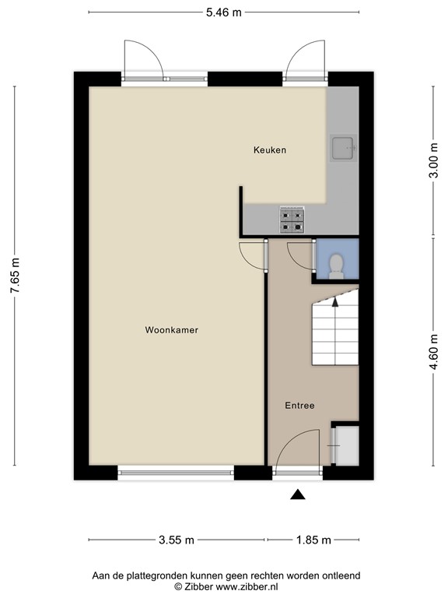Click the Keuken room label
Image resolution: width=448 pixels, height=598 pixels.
click(x=270, y=149)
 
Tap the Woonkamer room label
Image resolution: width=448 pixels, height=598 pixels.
click(x=171, y=330)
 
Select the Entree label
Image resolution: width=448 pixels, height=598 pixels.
click(x=299, y=405)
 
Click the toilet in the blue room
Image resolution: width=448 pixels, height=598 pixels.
click(x=336, y=265)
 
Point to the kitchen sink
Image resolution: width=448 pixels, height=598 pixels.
click(x=342, y=147)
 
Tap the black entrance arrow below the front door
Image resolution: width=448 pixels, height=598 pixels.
click(x=298, y=494)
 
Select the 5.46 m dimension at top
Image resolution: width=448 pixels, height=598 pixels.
click(x=224, y=12)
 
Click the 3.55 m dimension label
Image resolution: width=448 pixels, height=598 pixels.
click(x=177, y=540)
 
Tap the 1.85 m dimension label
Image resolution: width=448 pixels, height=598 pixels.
click(x=313, y=540)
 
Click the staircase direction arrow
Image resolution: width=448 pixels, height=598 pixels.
click(x=335, y=302)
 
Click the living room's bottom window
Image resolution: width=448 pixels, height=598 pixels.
click(x=176, y=472)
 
